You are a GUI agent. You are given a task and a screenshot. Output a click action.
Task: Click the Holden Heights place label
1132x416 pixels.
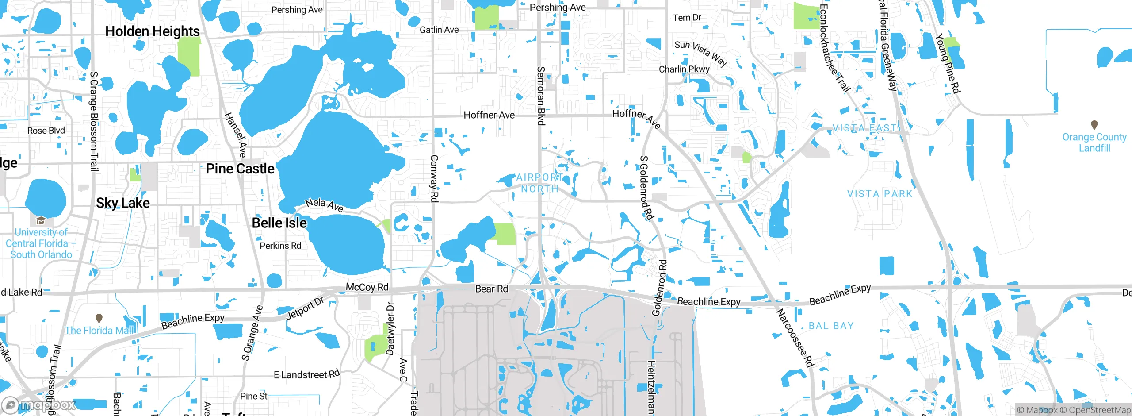click(x=153, y=31)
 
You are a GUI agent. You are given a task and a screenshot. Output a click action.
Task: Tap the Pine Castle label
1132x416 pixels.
click(x=240, y=169)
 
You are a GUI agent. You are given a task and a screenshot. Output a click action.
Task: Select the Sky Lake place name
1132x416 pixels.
click(x=123, y=203)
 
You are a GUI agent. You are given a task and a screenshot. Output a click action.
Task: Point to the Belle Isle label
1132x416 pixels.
click(x=279, y=223)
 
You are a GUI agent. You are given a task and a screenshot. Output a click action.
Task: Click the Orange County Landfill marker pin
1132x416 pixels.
click(x=1094, y=125)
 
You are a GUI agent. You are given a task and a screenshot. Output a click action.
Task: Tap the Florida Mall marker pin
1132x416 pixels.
click(x=99, y=318)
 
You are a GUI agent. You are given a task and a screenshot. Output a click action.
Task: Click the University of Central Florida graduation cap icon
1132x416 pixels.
click(x=41, y=220)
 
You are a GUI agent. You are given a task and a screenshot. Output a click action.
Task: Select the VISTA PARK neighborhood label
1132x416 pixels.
click(x=880, y=194)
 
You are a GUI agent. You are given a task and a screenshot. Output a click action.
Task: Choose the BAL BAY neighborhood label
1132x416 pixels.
click(x=831, y=326)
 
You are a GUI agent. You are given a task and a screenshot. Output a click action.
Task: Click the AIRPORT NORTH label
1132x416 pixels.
click(x=539, y=183)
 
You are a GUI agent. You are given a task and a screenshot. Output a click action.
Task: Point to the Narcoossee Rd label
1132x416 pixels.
click(x=795, y=338)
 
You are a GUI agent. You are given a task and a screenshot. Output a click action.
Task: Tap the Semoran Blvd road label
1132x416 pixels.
click(x=540, y=96)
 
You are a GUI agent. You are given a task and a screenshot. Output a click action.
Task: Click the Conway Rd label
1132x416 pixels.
click(x=434, y=179)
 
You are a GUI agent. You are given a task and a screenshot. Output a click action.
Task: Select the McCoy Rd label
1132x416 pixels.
click(x=367, y=287)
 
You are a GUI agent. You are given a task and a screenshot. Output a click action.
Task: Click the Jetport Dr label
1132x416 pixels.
click(x=305, y=308)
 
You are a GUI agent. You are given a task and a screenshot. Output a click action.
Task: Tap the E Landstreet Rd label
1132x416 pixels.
click(x=306, y=374)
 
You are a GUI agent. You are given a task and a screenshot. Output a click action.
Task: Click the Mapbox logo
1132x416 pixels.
click(x=39, y=405)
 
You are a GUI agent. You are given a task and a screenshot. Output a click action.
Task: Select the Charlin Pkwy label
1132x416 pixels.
click(x=684, y=69)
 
